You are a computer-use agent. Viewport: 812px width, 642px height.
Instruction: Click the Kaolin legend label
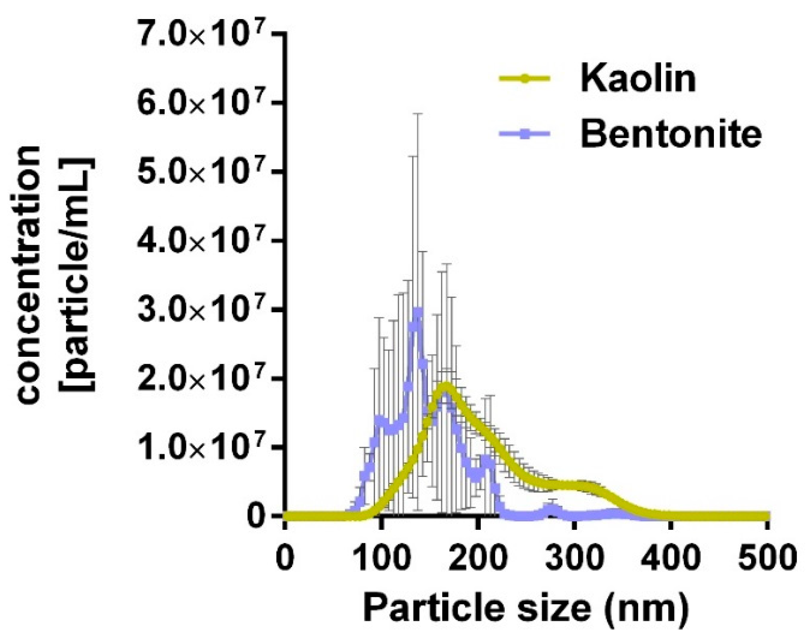click(x=638, y=79)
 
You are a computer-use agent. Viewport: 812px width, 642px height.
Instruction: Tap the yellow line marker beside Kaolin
click(x=525, y=79)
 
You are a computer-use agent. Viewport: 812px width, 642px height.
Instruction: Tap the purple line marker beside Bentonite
click(x=525, y=134)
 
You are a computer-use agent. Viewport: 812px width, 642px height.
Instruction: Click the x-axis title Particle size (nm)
click(x=526, y=608)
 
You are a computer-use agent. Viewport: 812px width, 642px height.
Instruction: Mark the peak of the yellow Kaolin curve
click(x=446, y=385)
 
